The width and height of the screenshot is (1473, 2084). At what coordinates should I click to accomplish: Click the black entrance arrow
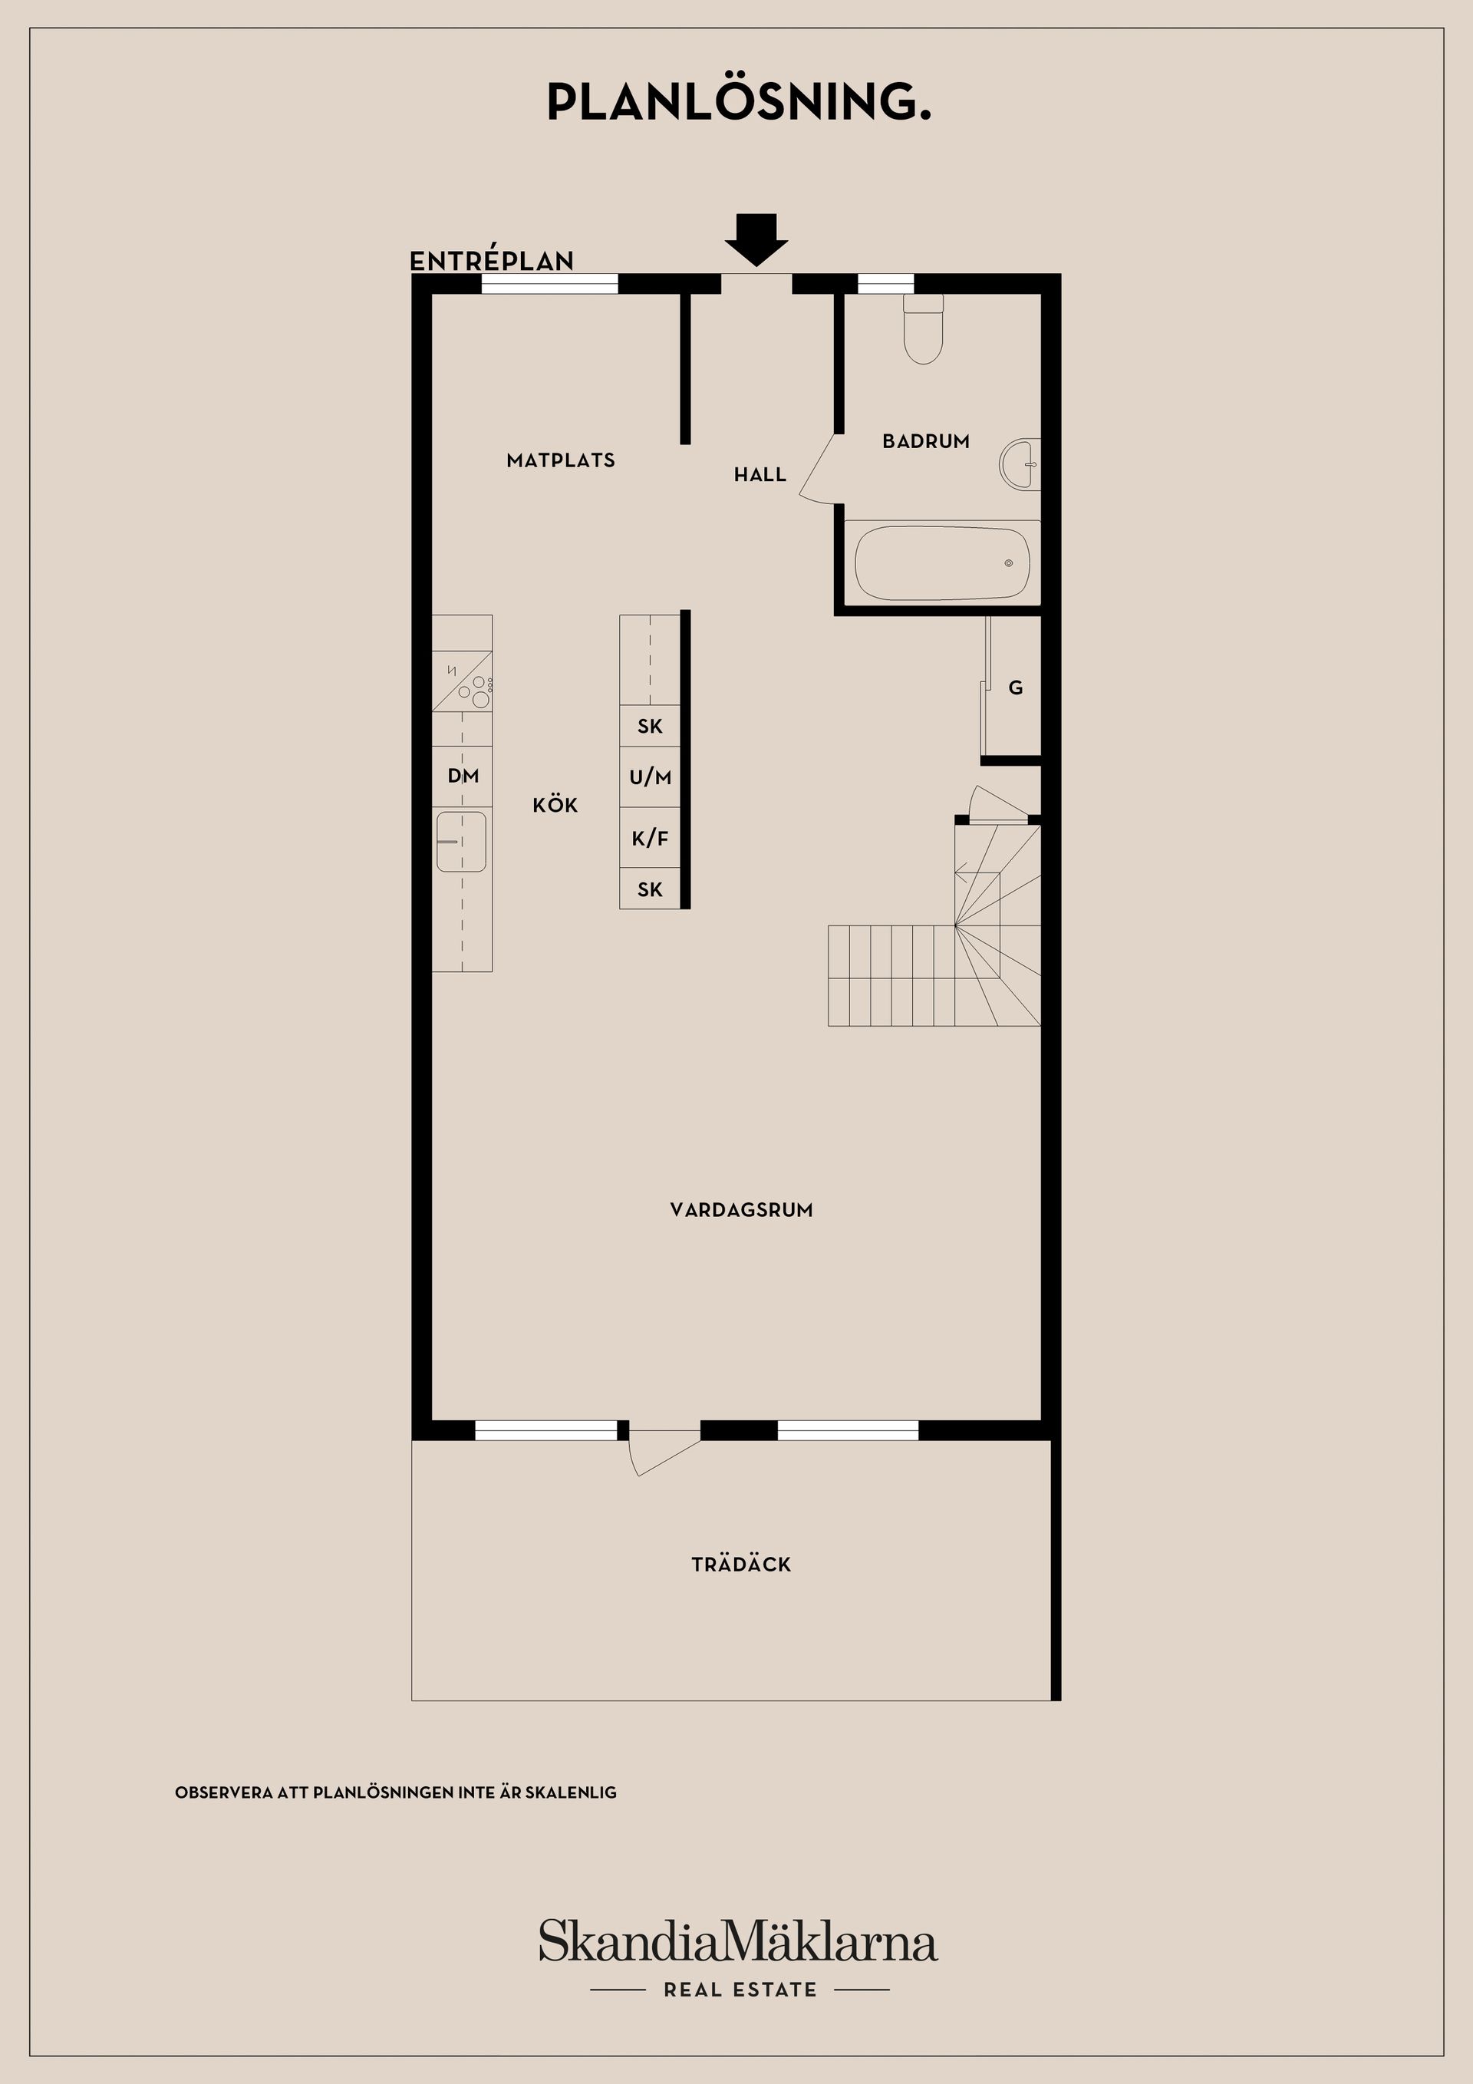pos(756,239)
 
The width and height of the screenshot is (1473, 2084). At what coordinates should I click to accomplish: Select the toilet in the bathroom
pos(924,328)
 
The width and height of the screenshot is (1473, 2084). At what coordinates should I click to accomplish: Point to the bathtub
pos(942,562)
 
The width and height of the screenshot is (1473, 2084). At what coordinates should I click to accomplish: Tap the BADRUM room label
pos(926,441)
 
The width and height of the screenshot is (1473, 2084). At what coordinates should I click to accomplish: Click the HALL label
pos(760,473)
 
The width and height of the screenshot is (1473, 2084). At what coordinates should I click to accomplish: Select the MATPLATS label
pos(561,460)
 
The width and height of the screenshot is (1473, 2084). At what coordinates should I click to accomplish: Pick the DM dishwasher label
pos(463,776)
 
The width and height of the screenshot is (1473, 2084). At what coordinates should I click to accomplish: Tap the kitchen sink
pos(461,842)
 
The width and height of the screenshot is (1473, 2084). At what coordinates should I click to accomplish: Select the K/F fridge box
pos(650,838)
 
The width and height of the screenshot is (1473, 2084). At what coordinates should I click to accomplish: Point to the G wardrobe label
pos(1016,688)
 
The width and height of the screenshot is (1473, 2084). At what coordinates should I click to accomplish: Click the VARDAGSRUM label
pos(742,1210)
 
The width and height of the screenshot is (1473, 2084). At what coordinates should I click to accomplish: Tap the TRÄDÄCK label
pos(742,1564)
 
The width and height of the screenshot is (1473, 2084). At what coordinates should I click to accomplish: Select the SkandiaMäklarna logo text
pos(738,1941)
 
